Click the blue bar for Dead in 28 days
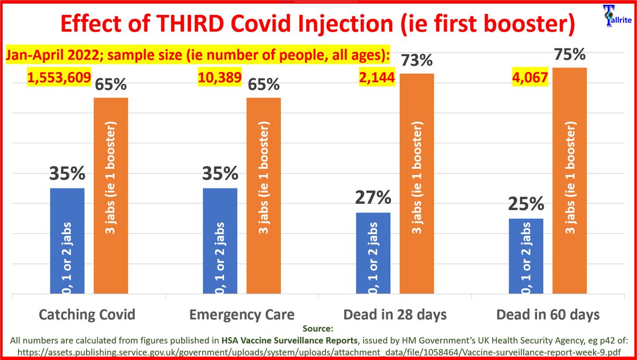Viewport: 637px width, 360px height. point(373,253)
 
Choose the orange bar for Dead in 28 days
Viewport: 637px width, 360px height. point(417,183)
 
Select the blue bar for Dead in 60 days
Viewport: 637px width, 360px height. point(526,255)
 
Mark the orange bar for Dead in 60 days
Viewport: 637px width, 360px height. point(570,181)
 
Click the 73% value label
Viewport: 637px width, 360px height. point(417,60)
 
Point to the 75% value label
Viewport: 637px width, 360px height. point(570,55)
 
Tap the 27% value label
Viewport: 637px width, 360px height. point(373,199)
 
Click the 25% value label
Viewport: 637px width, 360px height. point(526,204)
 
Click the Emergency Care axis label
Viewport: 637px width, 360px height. point(242,314)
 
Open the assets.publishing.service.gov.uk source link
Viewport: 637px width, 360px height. point(318,351)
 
